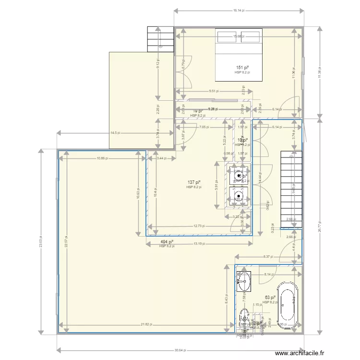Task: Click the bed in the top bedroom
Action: [239, 54]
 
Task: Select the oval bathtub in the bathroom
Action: [289, 302]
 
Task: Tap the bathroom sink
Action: [244, 281]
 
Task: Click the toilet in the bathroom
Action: [244, 317]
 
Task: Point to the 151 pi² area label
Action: [242, 68]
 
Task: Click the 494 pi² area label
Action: [167, 242]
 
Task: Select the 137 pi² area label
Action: [193, 182]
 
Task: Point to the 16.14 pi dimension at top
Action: [239, 10]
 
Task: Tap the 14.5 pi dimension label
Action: [115, 133]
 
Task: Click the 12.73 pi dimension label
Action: [200, 226]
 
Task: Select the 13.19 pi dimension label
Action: [200, 243]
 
